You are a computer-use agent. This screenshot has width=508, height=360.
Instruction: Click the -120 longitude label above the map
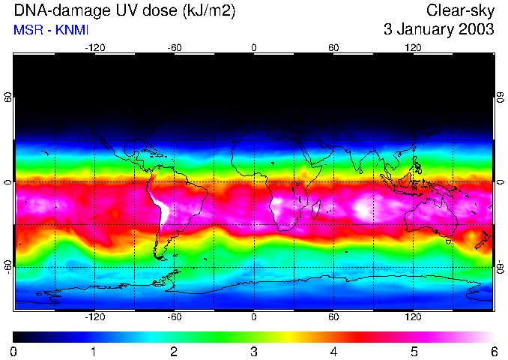tap(94, 47)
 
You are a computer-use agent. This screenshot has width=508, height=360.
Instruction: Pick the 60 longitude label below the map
tap(333, 316)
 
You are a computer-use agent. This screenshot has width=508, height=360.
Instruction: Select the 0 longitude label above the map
tap(254, 47)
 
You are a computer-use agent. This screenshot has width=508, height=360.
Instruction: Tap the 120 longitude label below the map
tap(413, 316)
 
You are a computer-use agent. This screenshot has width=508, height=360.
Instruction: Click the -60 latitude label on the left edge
tap(7, 266)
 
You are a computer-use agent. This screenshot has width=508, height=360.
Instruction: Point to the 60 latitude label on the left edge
tap(7, 97)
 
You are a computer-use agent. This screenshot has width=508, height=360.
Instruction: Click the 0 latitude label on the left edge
tap(7, 182)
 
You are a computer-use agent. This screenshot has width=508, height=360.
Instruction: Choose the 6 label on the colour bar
tap(494, 351)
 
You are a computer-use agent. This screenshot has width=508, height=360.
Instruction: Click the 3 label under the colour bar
tap(254, 351)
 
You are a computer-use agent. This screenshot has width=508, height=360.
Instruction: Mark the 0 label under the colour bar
tap(14, 351)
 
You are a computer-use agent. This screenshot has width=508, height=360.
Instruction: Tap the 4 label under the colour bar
tap(334, 351)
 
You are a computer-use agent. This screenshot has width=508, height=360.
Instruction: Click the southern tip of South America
tap(162, 258)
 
